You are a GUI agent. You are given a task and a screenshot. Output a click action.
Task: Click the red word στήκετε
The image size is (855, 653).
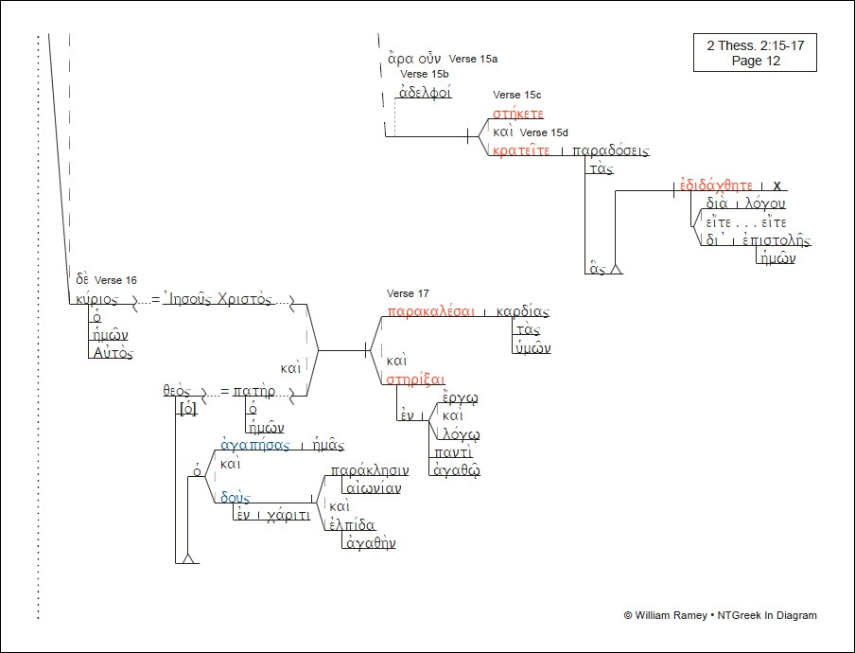[518, 114]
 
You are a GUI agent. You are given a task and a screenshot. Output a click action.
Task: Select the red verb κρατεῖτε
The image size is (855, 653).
[520, 150]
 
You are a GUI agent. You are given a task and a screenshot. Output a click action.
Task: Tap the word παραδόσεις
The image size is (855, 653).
[611, 150]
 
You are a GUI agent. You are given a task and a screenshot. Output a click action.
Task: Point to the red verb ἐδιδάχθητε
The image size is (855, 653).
[716, 185]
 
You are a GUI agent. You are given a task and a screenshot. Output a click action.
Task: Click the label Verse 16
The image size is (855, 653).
[116, 280]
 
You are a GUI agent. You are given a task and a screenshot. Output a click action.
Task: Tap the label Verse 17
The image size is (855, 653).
[408, 293]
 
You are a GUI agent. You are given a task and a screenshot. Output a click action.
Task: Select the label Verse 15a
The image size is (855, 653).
[473, 59]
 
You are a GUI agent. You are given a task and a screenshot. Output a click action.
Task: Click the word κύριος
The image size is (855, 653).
[96, 298]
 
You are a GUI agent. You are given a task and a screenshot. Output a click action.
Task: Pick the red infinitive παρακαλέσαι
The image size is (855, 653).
[429, 311]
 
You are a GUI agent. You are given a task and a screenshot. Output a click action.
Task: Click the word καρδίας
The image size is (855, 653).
[523, 311]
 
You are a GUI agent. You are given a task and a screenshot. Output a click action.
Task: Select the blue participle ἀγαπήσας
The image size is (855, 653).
[254, 445]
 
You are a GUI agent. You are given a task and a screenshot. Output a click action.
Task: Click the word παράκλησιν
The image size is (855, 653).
[369, 469]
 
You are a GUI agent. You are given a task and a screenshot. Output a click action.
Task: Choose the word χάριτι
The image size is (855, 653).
[288, 516]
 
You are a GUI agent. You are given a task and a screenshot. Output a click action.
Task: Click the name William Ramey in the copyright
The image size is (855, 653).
[670, 615]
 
